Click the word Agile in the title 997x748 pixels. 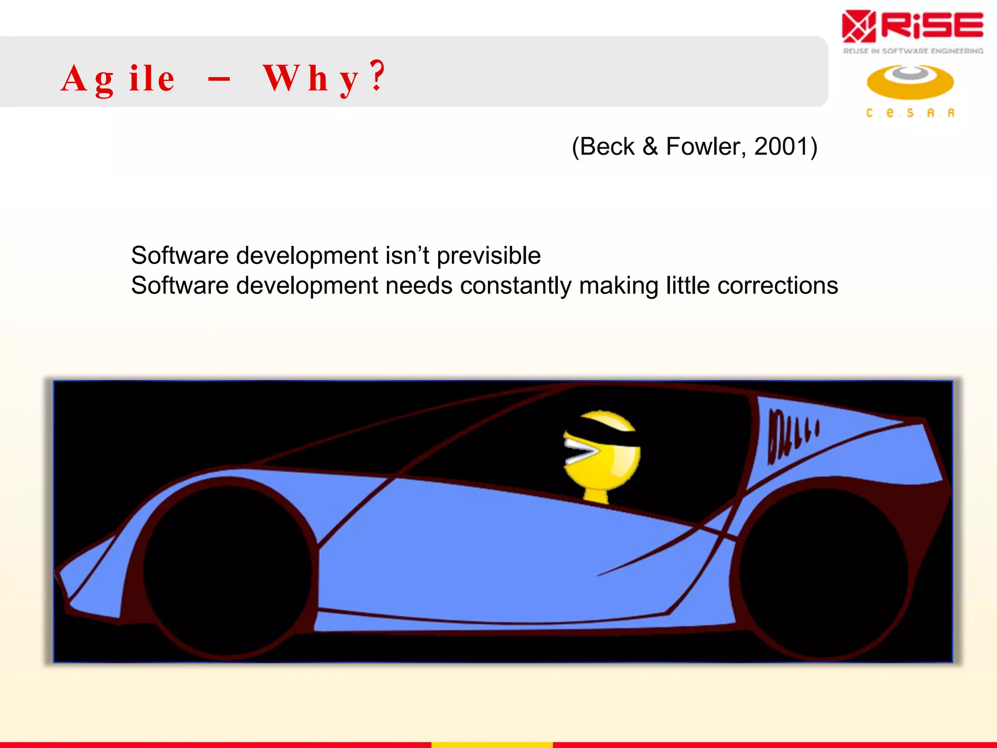pos(117,78)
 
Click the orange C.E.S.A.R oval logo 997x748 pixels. pos(910,82)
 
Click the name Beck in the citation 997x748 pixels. pos(607,147)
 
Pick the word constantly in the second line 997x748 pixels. pos(516,286)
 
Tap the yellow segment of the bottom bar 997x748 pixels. pos(492,745)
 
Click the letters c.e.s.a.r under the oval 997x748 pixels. pos(910,113)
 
